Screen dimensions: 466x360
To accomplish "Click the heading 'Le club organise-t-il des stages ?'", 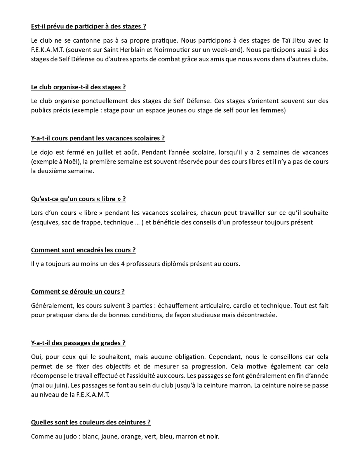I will pyautogui.click(x=78, y=87).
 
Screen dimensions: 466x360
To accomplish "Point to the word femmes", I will pyautogui.click(x=273, y=111).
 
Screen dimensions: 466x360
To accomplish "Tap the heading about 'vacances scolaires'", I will pyautogui.click(x=98, y=138).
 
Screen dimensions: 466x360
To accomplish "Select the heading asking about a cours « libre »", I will pyautogui.click(x=78, y=199).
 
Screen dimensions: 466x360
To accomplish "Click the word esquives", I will pyautogui.click(x=45, y=223).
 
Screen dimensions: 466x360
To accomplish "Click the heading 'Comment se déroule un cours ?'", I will pyautogui.click(x=78, y=292).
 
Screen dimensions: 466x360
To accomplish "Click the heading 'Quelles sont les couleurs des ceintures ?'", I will pyautogui.click(x=91, y=422).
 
